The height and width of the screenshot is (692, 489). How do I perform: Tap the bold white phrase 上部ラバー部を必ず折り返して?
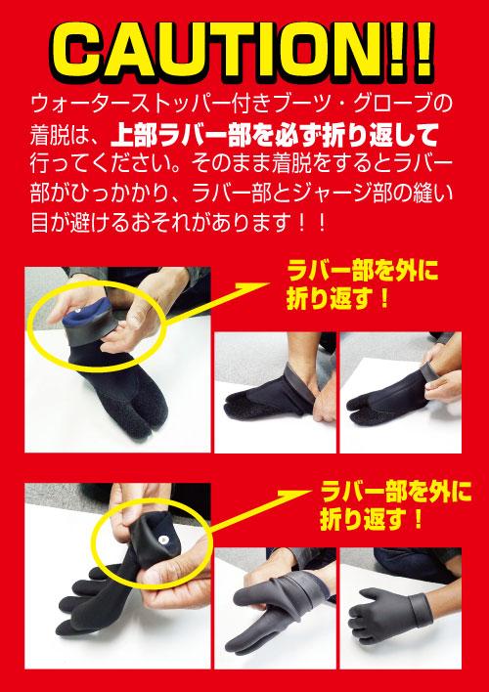pyautogui.click(x=274, y=136)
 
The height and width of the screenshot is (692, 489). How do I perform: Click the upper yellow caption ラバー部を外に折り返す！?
pyautogui.click(x=362, y=286)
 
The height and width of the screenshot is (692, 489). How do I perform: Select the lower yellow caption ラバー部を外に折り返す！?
pyautogui.click(x=395, y=506)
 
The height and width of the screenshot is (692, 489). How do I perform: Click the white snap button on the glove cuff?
pyautogui.click(x=164, y=539)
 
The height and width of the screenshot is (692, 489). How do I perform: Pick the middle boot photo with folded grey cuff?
pyautogui.click(x=275, y=392)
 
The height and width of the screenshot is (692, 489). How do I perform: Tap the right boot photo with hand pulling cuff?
pyautogui.click(x=401, y=392)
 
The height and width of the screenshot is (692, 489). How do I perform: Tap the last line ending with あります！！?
pyautogui.click(x=178, y=223)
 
